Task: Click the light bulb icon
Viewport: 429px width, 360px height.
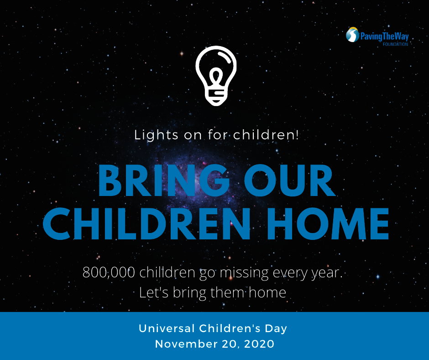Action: click(x=216, y=75)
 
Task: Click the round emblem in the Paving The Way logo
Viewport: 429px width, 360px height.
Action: click(x=352, y=35)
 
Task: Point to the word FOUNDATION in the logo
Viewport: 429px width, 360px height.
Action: click(x=395, y=44)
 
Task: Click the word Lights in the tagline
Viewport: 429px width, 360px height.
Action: click(x=151, y=135)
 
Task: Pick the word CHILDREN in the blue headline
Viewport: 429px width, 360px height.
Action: click(x=142, y=223)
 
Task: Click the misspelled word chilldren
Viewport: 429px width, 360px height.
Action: click(x=168, y=273)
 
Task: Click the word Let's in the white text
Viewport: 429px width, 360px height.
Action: click(x=152, y=292)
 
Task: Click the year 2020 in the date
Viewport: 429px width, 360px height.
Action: click(x=258, y=344)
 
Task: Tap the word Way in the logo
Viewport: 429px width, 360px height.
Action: click(x=401, y=37)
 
